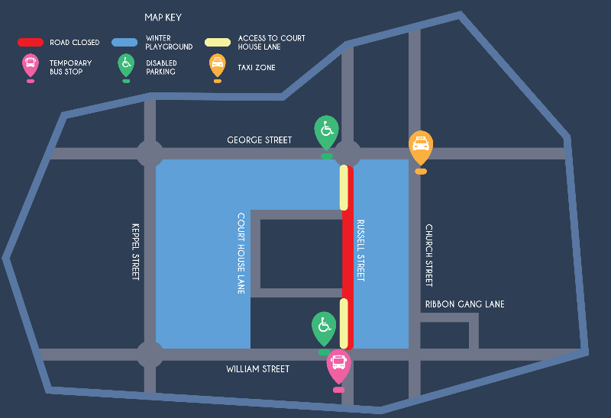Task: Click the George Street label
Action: pos(259,140)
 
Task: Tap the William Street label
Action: pos(257,369)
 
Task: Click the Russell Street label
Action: pos(361,250)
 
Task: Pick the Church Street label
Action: pos(428,256)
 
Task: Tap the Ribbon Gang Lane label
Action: pos(464,304)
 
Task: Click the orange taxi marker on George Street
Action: pos(421,146)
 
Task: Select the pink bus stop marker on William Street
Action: pos(338,365)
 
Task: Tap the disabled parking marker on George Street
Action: pos(327,131)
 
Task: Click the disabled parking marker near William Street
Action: pos(324,328)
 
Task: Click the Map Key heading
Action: pos(163,18)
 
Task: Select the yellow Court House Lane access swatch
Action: pos(218,42)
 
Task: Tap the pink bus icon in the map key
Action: pos(31,66)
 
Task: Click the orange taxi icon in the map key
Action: pos(218,66)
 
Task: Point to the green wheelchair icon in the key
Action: pos(126,66)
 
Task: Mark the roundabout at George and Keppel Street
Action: pos(150,153)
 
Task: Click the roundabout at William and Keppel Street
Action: pos(150,354)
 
